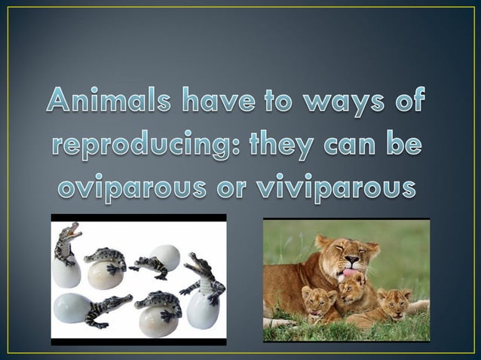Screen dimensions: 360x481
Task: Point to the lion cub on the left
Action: pyautogui.click(x=318, y=303)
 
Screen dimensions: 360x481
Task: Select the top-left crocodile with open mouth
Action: pyautogui.click(x=67, y=245)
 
